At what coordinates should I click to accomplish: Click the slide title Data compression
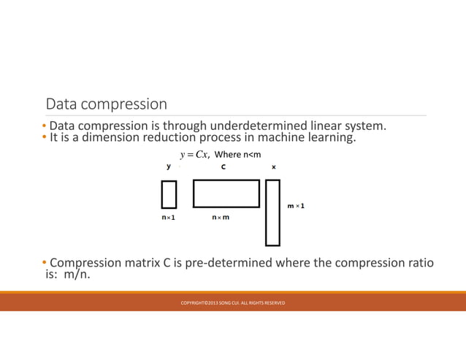coord(106,104)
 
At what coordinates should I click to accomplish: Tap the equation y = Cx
coord(195,154)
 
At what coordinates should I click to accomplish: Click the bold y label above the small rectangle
coord(169,166)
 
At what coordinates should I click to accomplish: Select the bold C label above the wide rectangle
coord(224,167)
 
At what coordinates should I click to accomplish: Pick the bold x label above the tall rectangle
coord(273,167)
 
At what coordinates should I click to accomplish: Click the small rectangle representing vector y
coord(169,194)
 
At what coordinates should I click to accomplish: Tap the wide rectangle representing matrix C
coord(226,194)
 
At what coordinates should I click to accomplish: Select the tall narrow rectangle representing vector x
coord(272,212)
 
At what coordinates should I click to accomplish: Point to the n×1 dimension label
coord(169,218)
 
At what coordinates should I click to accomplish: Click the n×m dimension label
coord(221,218)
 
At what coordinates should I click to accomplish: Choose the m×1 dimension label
coord(296,206)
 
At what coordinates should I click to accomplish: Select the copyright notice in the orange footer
coord(233,303)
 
